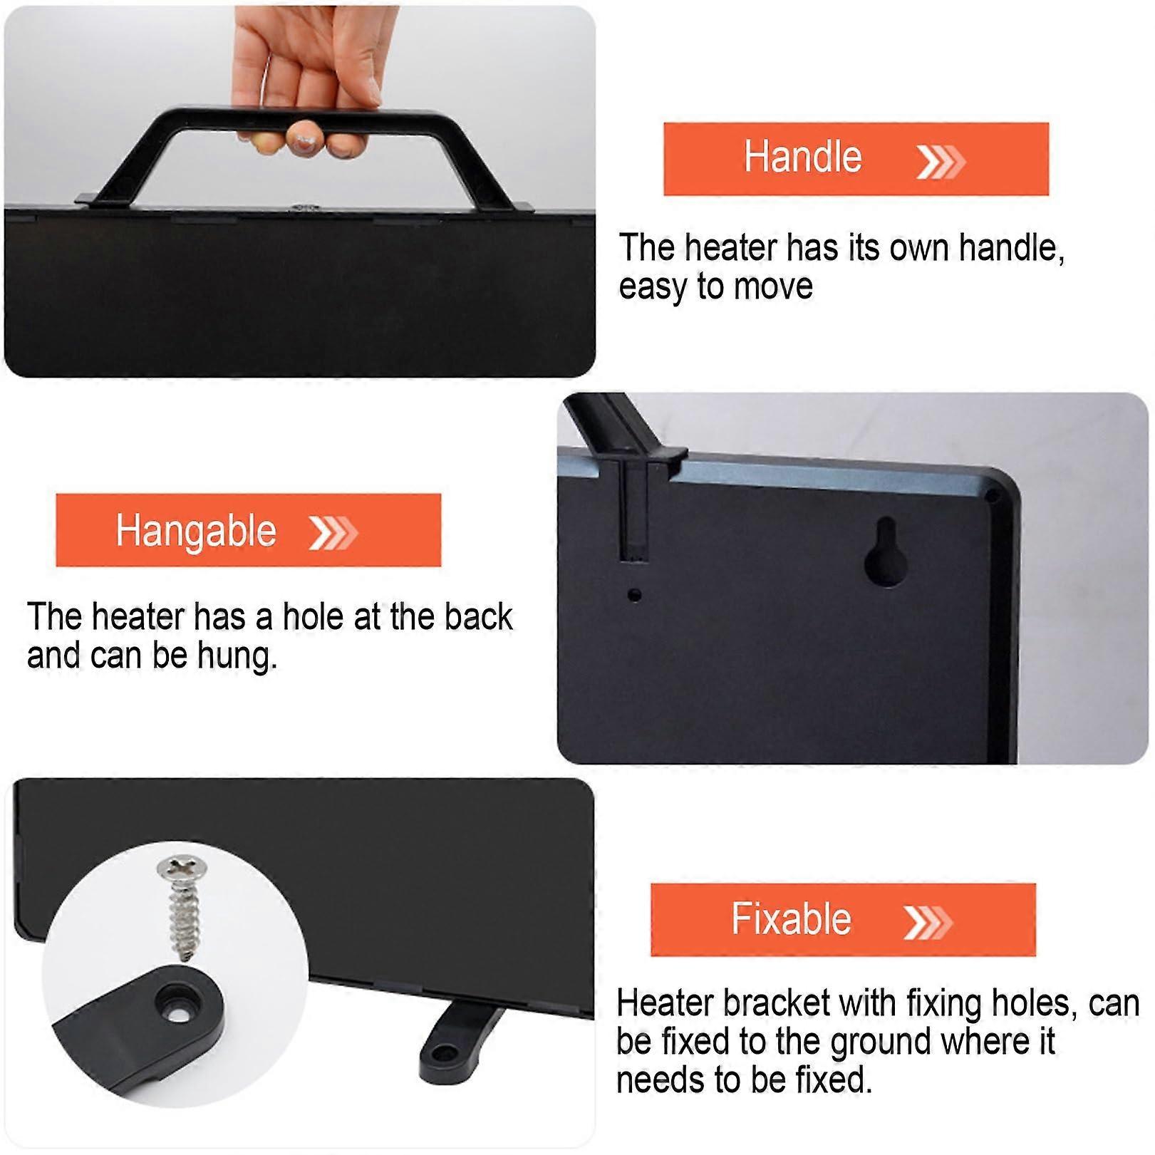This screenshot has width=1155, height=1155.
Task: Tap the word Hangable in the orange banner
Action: tap(196, 532)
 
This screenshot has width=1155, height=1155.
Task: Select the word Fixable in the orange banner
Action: tap(791, 918)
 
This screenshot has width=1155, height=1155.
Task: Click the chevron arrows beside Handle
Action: tap(941, 162)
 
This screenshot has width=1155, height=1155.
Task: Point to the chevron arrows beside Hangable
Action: tap(333, 533)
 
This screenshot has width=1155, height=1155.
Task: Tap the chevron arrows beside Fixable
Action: tap(927, 922)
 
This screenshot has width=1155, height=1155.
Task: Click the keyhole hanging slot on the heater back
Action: tap(886, 554)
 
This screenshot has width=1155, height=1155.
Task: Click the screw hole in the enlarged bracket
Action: tap(179, 1004)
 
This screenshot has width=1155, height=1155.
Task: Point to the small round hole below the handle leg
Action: tap(633, 594)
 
